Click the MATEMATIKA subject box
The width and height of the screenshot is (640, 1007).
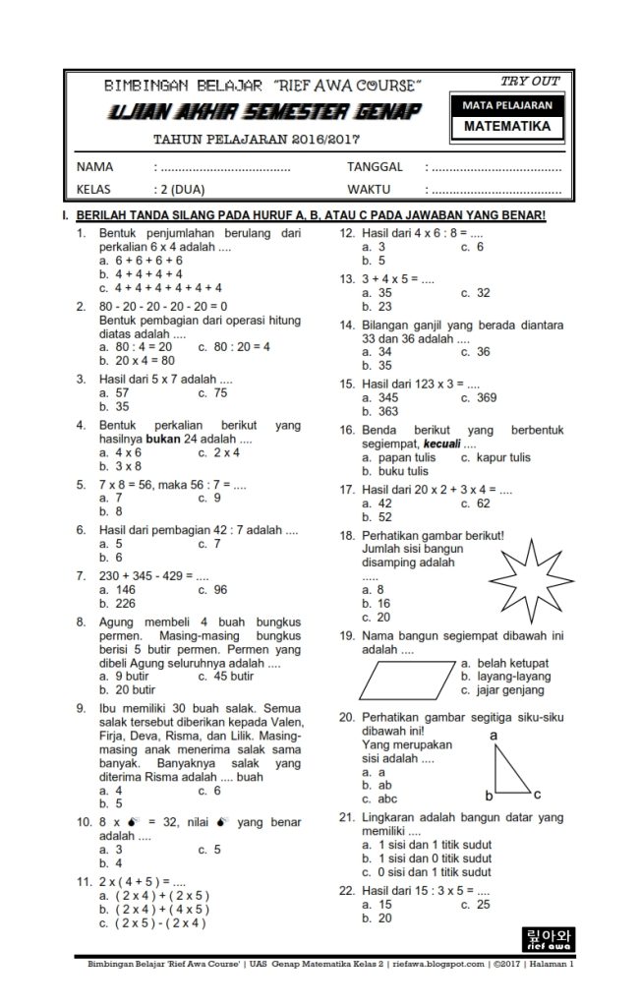[x=506, y=127]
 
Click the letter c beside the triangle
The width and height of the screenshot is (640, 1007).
[x=538, y=794]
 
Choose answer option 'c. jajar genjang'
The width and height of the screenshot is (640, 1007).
[x=506, y=690]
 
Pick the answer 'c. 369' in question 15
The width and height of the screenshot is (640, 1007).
[x=479, y=398]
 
